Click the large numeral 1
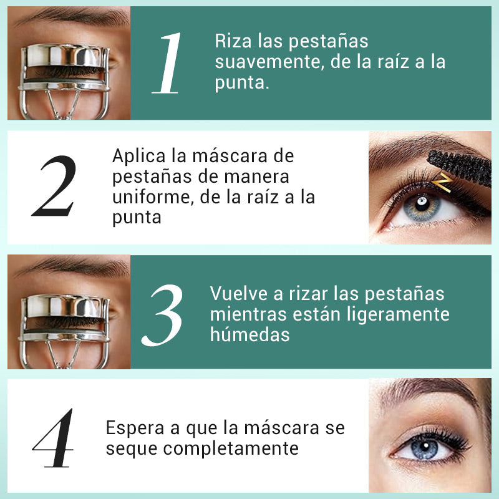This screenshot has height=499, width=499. (167, 64)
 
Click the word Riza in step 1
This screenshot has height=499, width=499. (231, 42)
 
